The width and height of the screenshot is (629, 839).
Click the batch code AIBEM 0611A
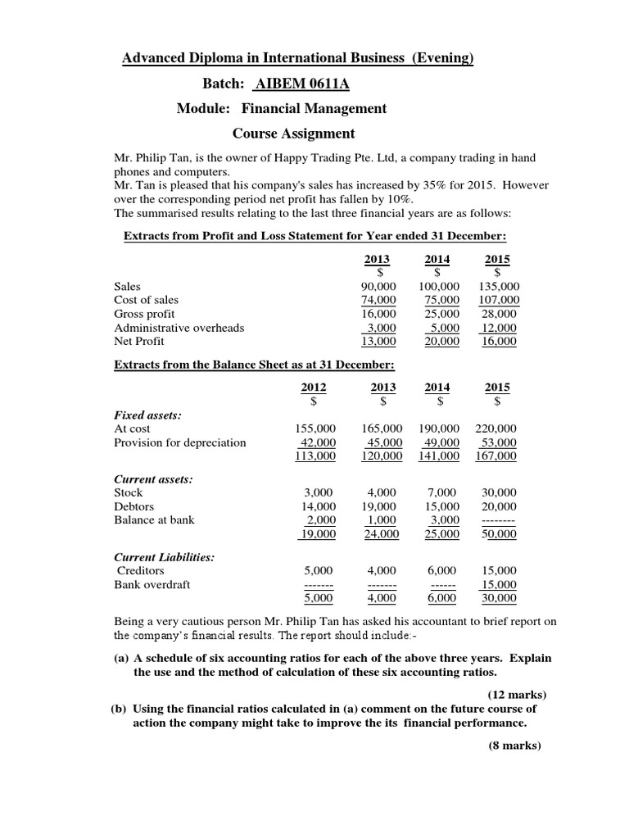click(x=297, y=84)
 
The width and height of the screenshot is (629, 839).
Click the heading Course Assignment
click(x=294, y=133)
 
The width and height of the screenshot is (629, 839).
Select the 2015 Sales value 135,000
click(x=497, y=287)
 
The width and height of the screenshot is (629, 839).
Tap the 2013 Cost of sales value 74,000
click(x=378, y=301)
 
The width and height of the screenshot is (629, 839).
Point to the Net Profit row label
click(x=138, y=342)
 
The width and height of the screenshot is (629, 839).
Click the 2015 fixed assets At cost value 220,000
click(x=496, y=429)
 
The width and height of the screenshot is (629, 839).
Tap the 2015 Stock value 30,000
click(x=500, y=492)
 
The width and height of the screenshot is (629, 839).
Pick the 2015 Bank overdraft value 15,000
click(x=500, y=584)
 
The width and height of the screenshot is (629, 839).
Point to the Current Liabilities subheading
click(x=165, y=557)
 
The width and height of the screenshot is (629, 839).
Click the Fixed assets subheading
click(x=147, y=415)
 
